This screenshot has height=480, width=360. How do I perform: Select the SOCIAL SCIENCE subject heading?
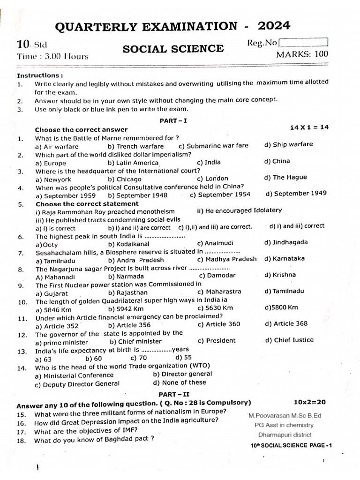[173, 49]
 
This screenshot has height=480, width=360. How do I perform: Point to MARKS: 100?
[302, 54]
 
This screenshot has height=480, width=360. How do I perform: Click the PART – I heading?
[173, 120]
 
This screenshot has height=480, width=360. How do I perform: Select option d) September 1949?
[296, 194]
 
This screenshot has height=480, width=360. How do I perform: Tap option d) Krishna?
[280, 275]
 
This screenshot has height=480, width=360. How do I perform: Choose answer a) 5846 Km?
[54, 309]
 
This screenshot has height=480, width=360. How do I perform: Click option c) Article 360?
[218, 324]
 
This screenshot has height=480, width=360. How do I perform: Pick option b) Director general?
[182, 374]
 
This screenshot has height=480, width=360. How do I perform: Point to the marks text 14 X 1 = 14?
[309, 127]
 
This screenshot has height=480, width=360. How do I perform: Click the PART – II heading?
[173, 394]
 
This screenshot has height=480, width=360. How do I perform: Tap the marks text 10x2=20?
[309, 402]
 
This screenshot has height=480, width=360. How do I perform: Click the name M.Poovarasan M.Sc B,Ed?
[285, 415]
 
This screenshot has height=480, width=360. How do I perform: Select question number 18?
[21, 441]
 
